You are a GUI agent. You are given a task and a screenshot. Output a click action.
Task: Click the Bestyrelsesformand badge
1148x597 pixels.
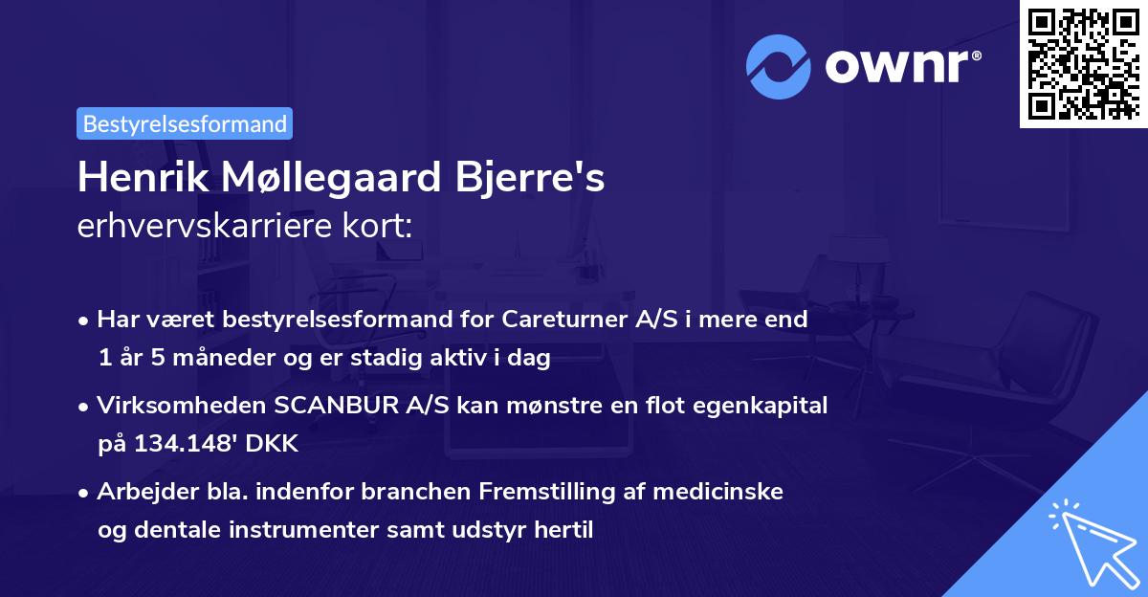[185, 123]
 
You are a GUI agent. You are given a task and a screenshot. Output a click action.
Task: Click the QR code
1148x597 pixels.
[1083, 63]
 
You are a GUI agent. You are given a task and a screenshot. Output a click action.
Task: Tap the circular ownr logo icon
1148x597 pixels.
[779, 67]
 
